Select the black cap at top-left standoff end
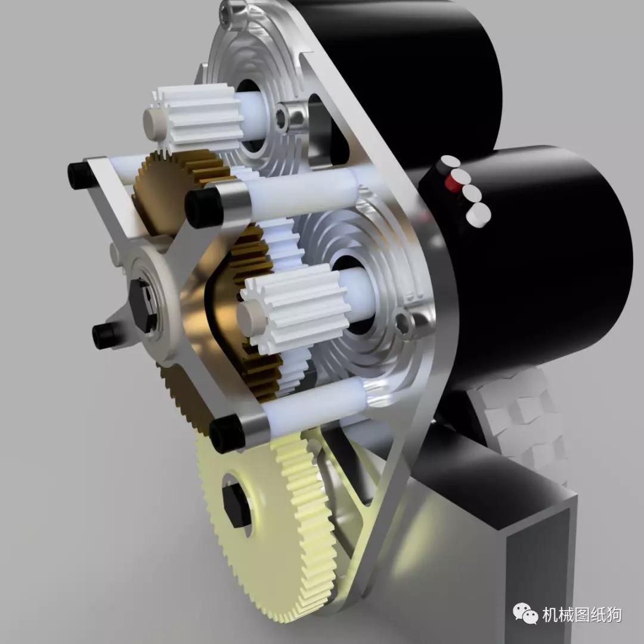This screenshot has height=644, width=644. coord(79,175)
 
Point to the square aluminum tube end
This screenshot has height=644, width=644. coord(537,572)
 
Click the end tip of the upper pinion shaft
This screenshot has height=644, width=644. coord(153,121)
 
